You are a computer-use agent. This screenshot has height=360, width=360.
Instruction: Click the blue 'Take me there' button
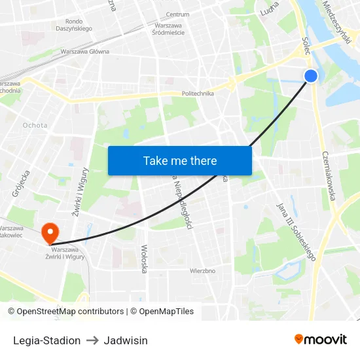pyautogui.click(x=180, y=160)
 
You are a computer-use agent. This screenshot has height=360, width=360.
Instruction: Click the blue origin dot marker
pyautogui.click(x=311, y=76)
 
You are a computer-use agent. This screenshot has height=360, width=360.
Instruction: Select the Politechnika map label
pyautogui.click(x=198, y=94)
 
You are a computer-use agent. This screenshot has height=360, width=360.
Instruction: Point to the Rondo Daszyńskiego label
pyautogui.click(x=73, y=25)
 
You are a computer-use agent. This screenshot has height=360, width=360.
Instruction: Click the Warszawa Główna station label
pyautogui.click(x=84, y=51)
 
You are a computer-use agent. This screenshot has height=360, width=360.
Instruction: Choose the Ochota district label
pyautogui.click(x=35, y=125)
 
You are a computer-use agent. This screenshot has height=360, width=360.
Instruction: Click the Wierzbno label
pyautogui.click(x=202, y=270)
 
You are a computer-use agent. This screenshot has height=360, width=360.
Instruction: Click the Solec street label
pyautogui.click(x=306, y=45)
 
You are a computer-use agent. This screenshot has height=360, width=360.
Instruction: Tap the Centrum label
pyautogui.click(x=177, y=14)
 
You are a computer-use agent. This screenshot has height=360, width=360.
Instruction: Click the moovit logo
pyautogui.click(x=321, y=339)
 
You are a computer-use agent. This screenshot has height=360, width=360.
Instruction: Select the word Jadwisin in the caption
pyautogui.click(x=126, y=340)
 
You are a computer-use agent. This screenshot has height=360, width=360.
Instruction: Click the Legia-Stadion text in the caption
pyautogui.click(x=46, y=340)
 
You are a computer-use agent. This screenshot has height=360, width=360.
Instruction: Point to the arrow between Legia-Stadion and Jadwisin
pyautogui.click(x=92, y=340)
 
